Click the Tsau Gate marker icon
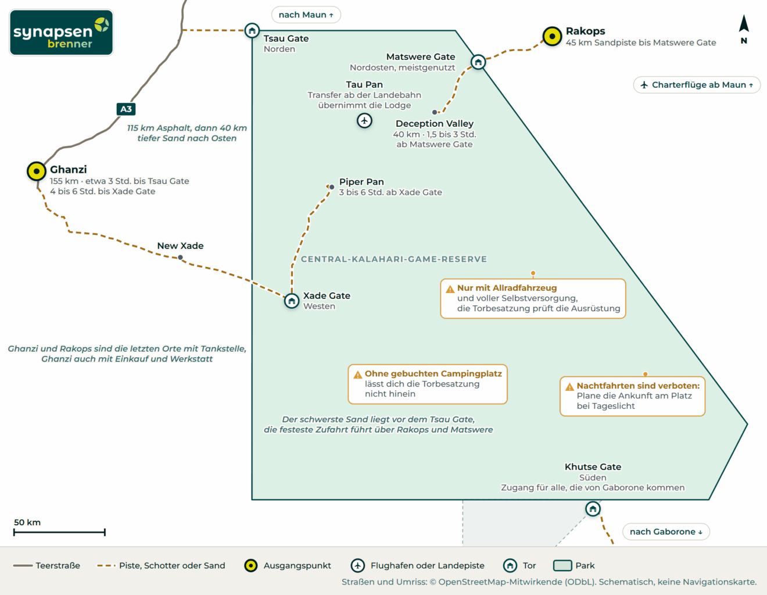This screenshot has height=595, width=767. (252, 31)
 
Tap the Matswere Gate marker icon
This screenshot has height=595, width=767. (478, 62)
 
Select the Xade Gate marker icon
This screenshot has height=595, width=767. (292, 301)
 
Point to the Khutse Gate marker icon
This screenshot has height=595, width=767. (593, 509)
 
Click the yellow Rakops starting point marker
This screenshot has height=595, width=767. (552, 36)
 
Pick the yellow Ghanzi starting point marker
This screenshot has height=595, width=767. (37, 171)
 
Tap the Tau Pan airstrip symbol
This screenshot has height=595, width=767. (364, 121)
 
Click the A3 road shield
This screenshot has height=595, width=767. (126, 109)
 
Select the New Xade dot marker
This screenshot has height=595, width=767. (180, 258)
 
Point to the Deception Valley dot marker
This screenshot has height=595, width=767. (435, 112)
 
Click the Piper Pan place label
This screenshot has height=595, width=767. (361, 181)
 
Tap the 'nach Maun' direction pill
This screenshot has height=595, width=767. (306, 15)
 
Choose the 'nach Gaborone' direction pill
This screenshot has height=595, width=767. (666, 532)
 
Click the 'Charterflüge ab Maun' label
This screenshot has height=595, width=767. (697, 85)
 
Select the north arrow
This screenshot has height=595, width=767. (744, 23)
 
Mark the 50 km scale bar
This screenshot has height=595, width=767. (59, 532)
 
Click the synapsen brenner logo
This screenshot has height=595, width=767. (62, 33)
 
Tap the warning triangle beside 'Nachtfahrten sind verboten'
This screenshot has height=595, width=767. (569, 387)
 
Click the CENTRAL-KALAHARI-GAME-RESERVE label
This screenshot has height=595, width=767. (394, 259)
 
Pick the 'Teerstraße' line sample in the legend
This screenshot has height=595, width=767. (23, 566)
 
